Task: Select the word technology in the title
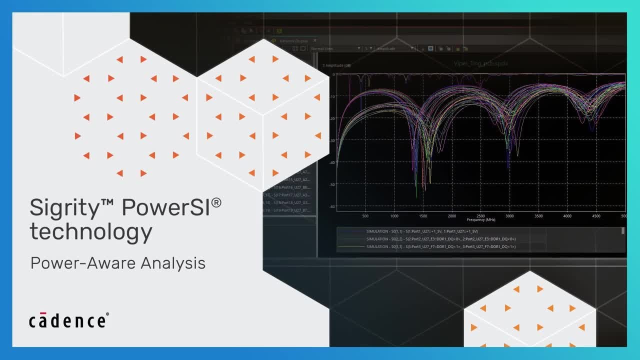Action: (x=90, y=231)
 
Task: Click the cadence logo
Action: (x=68, y=320)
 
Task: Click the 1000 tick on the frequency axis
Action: (x=394, y=216)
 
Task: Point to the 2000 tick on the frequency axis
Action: (x=452, y=216)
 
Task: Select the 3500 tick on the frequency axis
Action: (x=538, y=216)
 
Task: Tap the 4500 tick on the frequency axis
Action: (x=596, y=216)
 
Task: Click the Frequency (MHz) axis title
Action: (x=481, y=220)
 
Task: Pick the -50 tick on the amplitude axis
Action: (x=332, y=184)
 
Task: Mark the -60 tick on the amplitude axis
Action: (x=332, y=206)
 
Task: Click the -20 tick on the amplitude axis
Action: (x=332, y=118)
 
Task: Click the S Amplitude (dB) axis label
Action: (x=336, y=65)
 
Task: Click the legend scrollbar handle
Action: (x=623, y=231)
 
